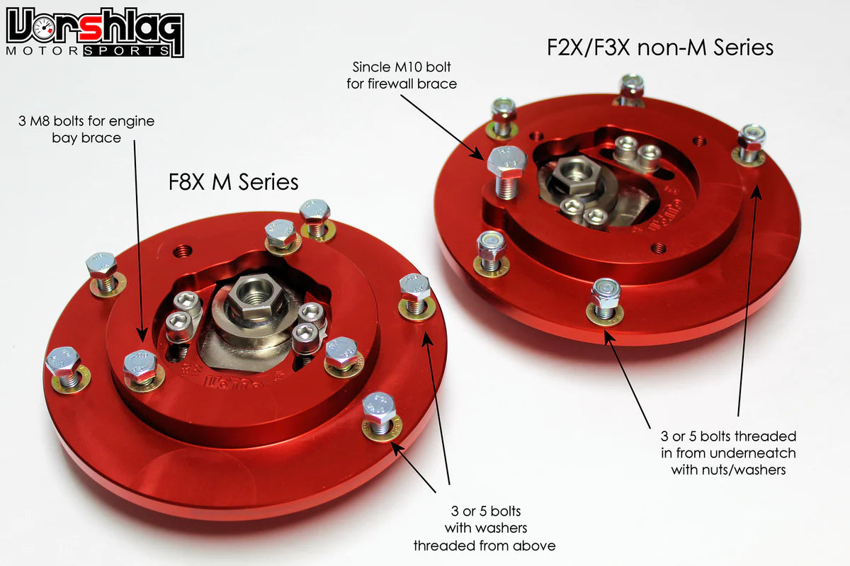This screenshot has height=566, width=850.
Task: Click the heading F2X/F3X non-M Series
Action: [x=659, y=47]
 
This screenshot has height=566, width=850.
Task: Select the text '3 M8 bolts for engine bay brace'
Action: [x=86, y=128]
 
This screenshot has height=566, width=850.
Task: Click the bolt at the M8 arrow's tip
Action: [x=140, y=366]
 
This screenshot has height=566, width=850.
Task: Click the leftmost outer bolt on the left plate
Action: [x=62, y=364]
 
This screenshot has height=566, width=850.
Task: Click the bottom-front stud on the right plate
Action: [x=605, y=298]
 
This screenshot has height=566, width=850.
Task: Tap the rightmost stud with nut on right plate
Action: [x=750, y=142]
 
